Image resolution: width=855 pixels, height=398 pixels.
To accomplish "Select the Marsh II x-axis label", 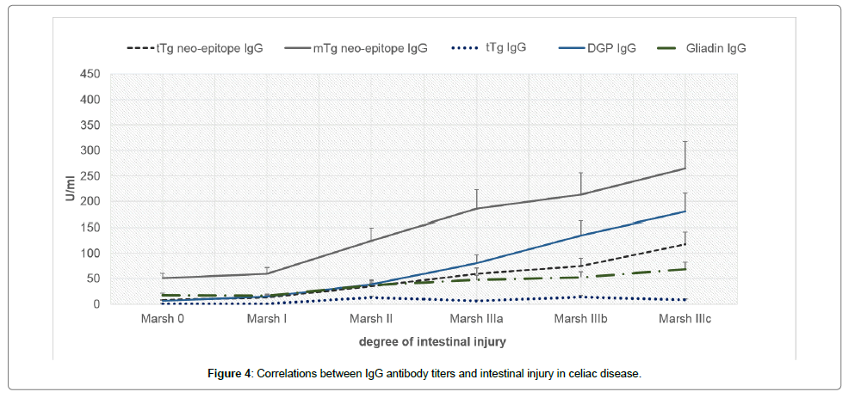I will pyautogui.click(x=371, y=319).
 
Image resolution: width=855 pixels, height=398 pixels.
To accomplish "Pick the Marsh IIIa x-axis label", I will pyautogui.click(x=476, y=319).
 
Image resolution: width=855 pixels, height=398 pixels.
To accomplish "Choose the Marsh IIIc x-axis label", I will pyautogui.click(x=685, y=319).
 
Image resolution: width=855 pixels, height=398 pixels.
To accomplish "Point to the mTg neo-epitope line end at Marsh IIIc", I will pyautogui.click(x=685, y=168).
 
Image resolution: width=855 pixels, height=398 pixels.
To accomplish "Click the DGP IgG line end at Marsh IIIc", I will pyautogui.click(x=685, y=211).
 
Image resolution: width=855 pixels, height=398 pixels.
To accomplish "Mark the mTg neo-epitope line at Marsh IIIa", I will pyautogui.click(x=476, y=208).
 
